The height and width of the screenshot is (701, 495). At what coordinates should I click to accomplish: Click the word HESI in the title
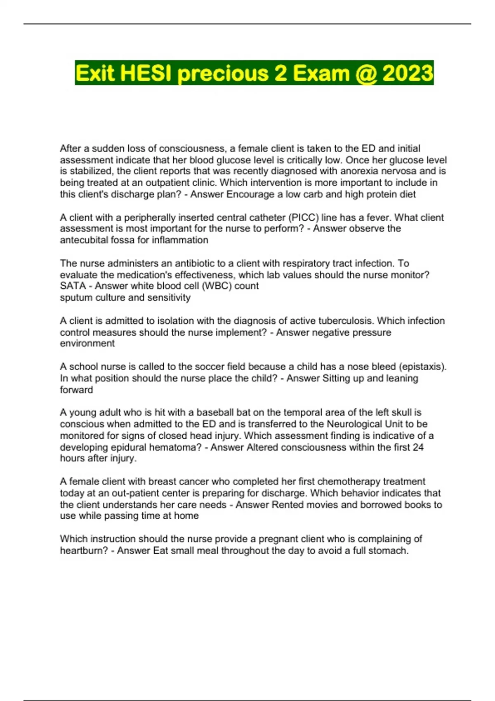146,73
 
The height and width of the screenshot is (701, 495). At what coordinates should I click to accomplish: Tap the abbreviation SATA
73,286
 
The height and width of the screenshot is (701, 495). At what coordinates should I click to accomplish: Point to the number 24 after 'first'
418,447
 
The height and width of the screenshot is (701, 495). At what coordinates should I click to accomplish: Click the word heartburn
84,550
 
